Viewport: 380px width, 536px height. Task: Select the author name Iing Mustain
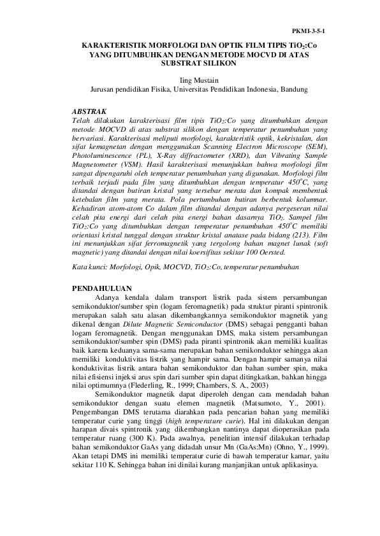click(190, 81)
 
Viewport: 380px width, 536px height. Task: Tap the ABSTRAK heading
click(89, 110)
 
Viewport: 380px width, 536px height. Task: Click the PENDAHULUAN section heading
click(103, 287)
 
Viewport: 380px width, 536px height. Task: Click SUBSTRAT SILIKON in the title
click(190, 64)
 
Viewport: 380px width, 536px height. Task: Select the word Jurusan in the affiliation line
click(103, 90)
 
